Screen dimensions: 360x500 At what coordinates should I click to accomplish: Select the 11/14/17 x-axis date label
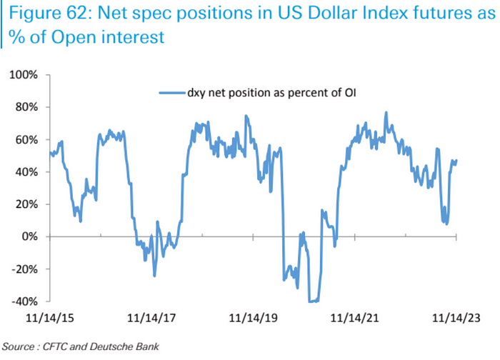[x=150, y=316]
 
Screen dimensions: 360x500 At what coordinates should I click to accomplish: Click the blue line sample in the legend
[x=176, y=93]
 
